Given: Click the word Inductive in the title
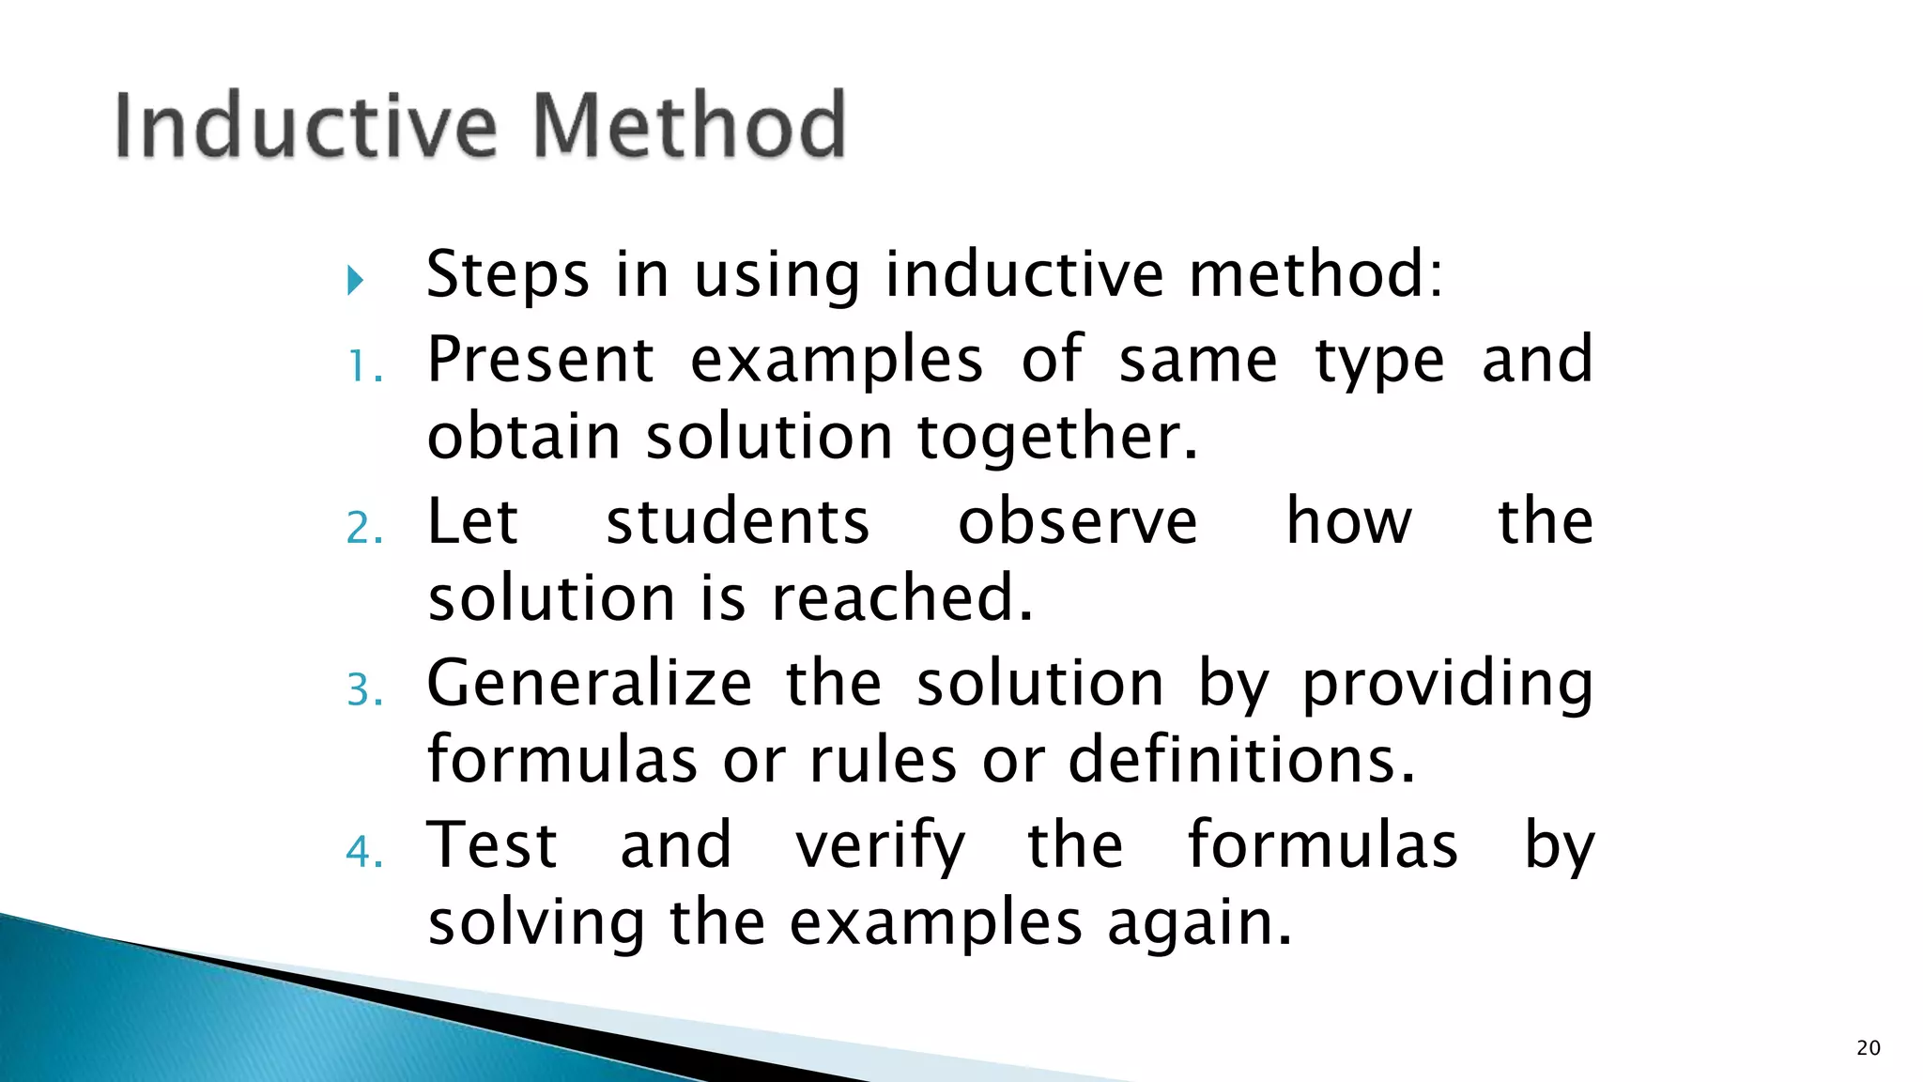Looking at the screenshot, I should [305, 125].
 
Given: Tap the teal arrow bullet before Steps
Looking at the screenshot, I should [355, 280].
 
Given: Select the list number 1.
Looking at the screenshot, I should [364, 366].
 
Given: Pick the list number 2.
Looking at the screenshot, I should [364, 529].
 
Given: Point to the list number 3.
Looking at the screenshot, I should [364, 690].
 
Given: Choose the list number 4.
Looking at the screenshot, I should [364, 853].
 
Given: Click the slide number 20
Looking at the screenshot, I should [1868, 1048].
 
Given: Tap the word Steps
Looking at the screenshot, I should [508, 274].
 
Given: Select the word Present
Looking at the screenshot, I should [541, 359].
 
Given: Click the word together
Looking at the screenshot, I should [1057, 438].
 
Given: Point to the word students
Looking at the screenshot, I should [737, 521].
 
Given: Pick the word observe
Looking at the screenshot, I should [1077, 521].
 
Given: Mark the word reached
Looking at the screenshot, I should [901, 598].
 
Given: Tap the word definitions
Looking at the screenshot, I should [1241, 760].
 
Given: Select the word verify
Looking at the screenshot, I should [880, 845].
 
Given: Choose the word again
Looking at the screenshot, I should [1199, 922].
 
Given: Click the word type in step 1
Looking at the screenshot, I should [1378, 361].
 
